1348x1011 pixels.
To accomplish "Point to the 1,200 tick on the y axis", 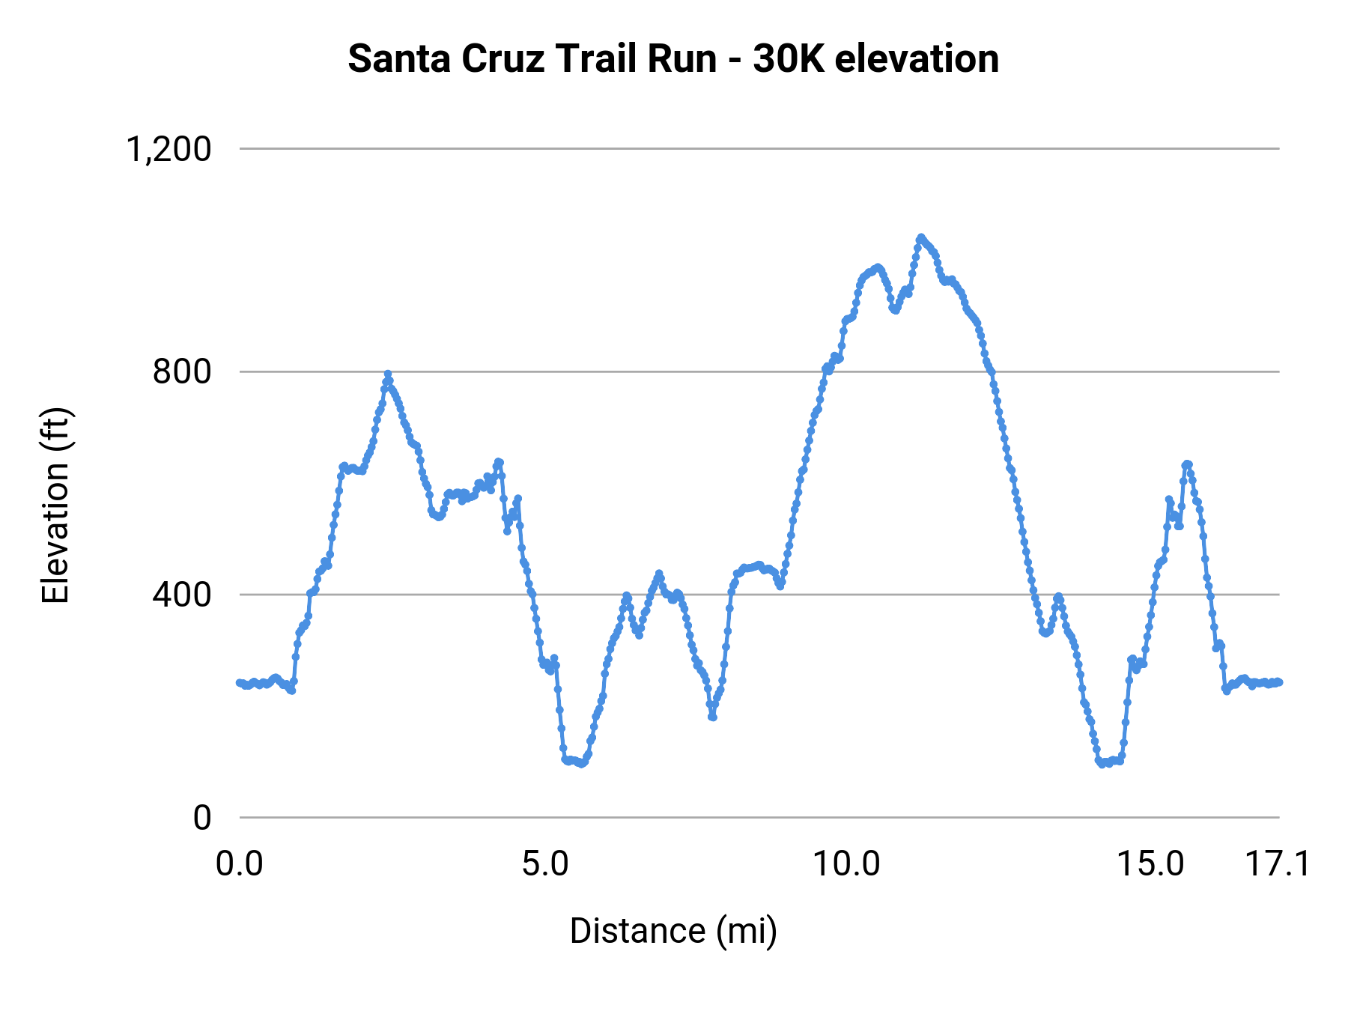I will [169, 149].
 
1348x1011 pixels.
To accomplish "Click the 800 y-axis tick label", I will [182, 371].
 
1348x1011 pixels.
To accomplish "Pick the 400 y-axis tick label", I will [182, 595].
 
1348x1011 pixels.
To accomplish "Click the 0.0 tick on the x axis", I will [240, 864].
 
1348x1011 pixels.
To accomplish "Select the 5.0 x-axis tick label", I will [545, 864].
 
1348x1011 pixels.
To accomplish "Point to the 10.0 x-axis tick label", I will [847, 864].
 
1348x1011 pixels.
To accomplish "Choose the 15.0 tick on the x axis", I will [1151, 864].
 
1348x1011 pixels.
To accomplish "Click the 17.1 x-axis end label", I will [1278, 864].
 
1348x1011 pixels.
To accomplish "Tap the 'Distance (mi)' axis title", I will [673, 931].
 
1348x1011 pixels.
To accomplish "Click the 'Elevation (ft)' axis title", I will [55, 506].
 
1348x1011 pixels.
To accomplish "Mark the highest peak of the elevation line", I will [921, 237].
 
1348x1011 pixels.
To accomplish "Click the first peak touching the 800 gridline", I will [388, 374].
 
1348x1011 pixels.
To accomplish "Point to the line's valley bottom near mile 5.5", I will [581, 764].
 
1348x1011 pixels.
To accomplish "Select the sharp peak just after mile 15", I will [1187, 464].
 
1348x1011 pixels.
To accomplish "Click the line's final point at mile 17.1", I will [1279, 681].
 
